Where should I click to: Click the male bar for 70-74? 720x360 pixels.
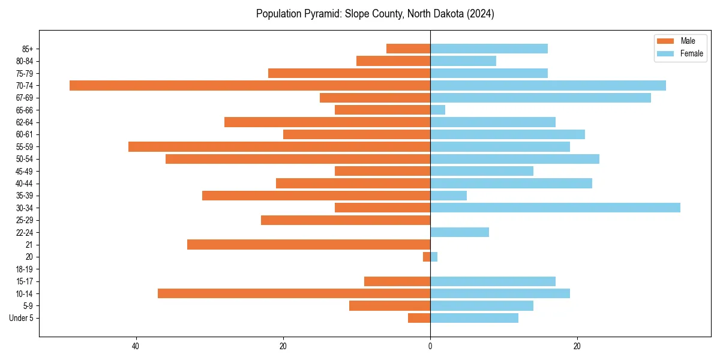click(x=250, y=85)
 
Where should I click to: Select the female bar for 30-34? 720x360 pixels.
click(x=555, y=208)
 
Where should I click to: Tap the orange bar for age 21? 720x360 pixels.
click(x=308, y=244)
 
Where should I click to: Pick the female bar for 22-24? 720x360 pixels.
click(x=460, y=232)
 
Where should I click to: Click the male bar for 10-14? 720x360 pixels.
click(x=294, y=293)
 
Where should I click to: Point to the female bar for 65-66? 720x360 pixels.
click(x=438, y=110)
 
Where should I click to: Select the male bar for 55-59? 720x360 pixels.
click(x=279, y=146)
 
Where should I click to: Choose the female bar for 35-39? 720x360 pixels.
click(x=448, y=196)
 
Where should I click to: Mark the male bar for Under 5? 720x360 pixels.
click(x=419, y=318)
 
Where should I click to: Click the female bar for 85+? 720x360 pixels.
click(x=489, y=49)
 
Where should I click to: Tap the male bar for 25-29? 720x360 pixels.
click(x=346, y=220)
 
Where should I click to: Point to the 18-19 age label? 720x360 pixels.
click(x=25, y=269)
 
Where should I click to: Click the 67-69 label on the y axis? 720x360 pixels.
click(x=25, y=98)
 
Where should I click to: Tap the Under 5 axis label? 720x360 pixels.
click(x=21, y=318)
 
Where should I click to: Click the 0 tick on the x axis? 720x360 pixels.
click(x=430, y=346)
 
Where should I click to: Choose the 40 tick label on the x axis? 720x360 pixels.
click(x=136, y=346)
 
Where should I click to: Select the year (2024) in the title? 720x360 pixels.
click(x=480, y=14)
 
